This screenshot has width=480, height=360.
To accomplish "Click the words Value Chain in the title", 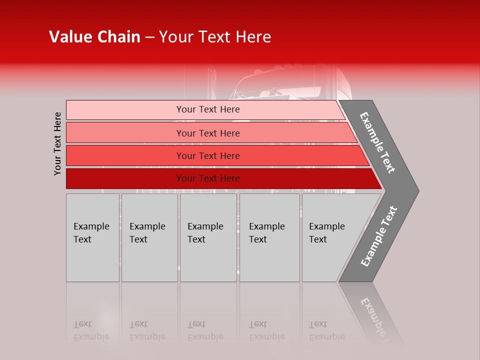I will tap(94, 37).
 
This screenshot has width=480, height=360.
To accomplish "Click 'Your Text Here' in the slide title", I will tap(215, 37).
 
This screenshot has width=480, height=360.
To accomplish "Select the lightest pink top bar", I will tap(125, 110).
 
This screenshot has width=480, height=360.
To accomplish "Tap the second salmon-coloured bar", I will tap(125, 133).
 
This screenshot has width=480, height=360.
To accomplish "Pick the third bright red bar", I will tap(125, 155).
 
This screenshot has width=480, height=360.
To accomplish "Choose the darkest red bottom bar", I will tap(125, 178).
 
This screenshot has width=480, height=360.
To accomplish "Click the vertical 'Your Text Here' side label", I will tap(58, 144).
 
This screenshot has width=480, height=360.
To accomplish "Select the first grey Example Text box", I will tap(92, 237).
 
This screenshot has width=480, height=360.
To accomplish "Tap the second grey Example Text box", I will tap(149, 237).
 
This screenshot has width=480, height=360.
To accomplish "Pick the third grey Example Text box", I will tap(208, 237).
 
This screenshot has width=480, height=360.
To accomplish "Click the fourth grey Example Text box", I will tap(269, 237).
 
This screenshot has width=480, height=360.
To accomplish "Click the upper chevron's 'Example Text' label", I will tap(377, 142).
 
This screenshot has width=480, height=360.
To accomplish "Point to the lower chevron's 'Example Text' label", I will tap(379, 236).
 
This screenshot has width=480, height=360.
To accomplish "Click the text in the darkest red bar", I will tap(208, 178).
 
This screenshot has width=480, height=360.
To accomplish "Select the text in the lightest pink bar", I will tap(208, 109).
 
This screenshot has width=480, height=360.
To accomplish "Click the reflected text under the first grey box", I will tap(91, 330).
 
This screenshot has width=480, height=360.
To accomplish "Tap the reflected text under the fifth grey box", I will tap(327, 330).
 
